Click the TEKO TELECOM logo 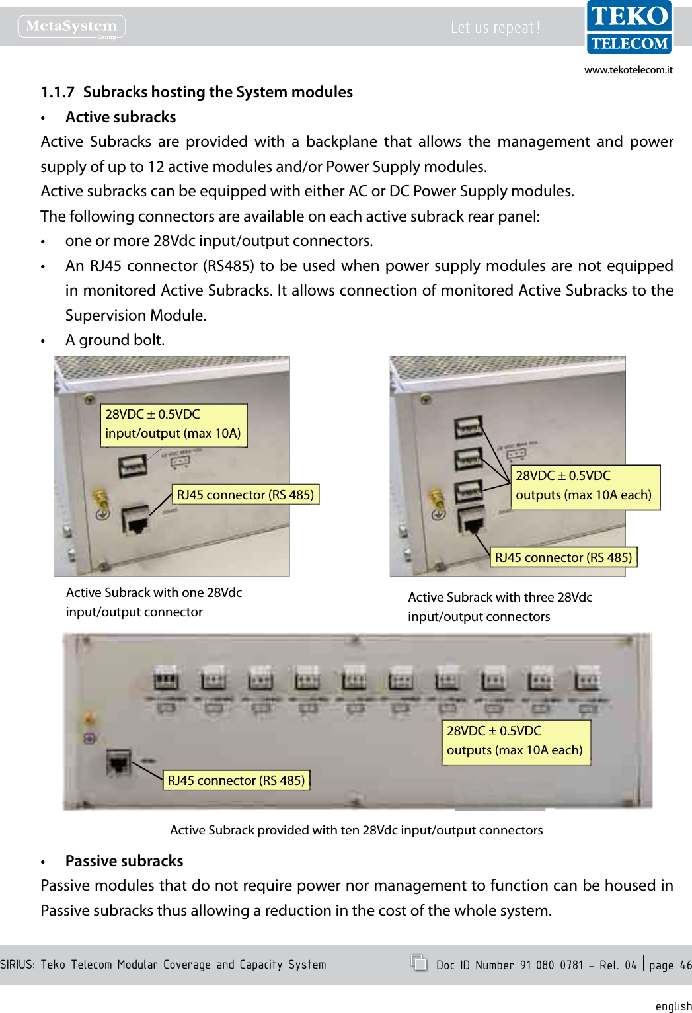[x=629, y=28]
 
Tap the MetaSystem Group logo [x=71, y=26]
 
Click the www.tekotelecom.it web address [x=628, y=70]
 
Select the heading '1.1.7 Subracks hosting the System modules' [x=197, y=92]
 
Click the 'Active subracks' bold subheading [x=120, y=117]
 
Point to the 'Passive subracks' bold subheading [x=124, y=861]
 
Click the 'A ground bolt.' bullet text [x=115, y=340]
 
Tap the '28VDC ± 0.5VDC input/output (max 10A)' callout [x=173, y=425]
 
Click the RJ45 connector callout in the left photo [x=245, y=495]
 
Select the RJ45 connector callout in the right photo [x=563, y=557]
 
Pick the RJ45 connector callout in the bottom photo [x=236, y=780]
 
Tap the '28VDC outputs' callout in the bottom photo [x=515, y=741]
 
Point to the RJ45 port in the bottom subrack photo [x=118, y=764]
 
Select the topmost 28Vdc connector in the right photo [x=468, y=427]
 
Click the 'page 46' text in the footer [x=670, y=965]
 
